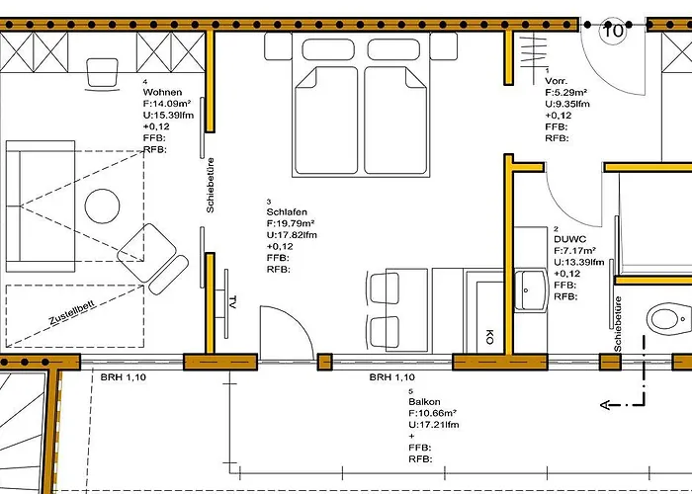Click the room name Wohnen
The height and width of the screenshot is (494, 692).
pyautogui.click(x=162, y=92)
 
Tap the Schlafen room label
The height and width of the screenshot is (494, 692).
pyautogui.click(x=287, y=212)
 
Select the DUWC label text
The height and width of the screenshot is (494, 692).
pyautogui.click(x=570, y=239)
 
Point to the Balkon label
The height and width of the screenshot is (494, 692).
pyautogui.click(x=424, y=402)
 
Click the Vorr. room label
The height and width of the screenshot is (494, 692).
pyautogui.click(x=556, y=81)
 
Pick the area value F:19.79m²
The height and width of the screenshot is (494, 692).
pyautogui.click(x=291, y=223)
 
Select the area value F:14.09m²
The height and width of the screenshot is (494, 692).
pyautogui.click(x=167, y=104)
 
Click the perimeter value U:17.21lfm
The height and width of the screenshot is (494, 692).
pyautogui.click(x=433, y=425)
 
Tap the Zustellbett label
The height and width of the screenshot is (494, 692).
pyautogui.click(x=72, y=313)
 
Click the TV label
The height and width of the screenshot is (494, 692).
pyautogui.click(x=232, y=301)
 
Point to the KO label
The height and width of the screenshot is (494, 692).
pyautogui.click(x=489, y=337)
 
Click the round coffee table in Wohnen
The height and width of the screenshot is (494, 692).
pyautogui.click(x=102, y=206)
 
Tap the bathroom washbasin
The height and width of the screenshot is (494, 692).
pyautogui.click(x=532, y=289)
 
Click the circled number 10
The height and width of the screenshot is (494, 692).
pyautogui.click(x=613, y=31)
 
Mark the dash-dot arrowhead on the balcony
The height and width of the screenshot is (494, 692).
pyautogui.click(x=605, y=404)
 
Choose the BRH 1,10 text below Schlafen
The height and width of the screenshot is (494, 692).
pyautogui.click(x=391, y=377)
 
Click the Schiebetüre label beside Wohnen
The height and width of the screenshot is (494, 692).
pyautogui.click(x=211, y=186)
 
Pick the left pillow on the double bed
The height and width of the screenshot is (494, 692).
pyautogui.click(x=328, y=49)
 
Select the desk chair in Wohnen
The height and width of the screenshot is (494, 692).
pyautogui.click(x=103, y=74)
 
